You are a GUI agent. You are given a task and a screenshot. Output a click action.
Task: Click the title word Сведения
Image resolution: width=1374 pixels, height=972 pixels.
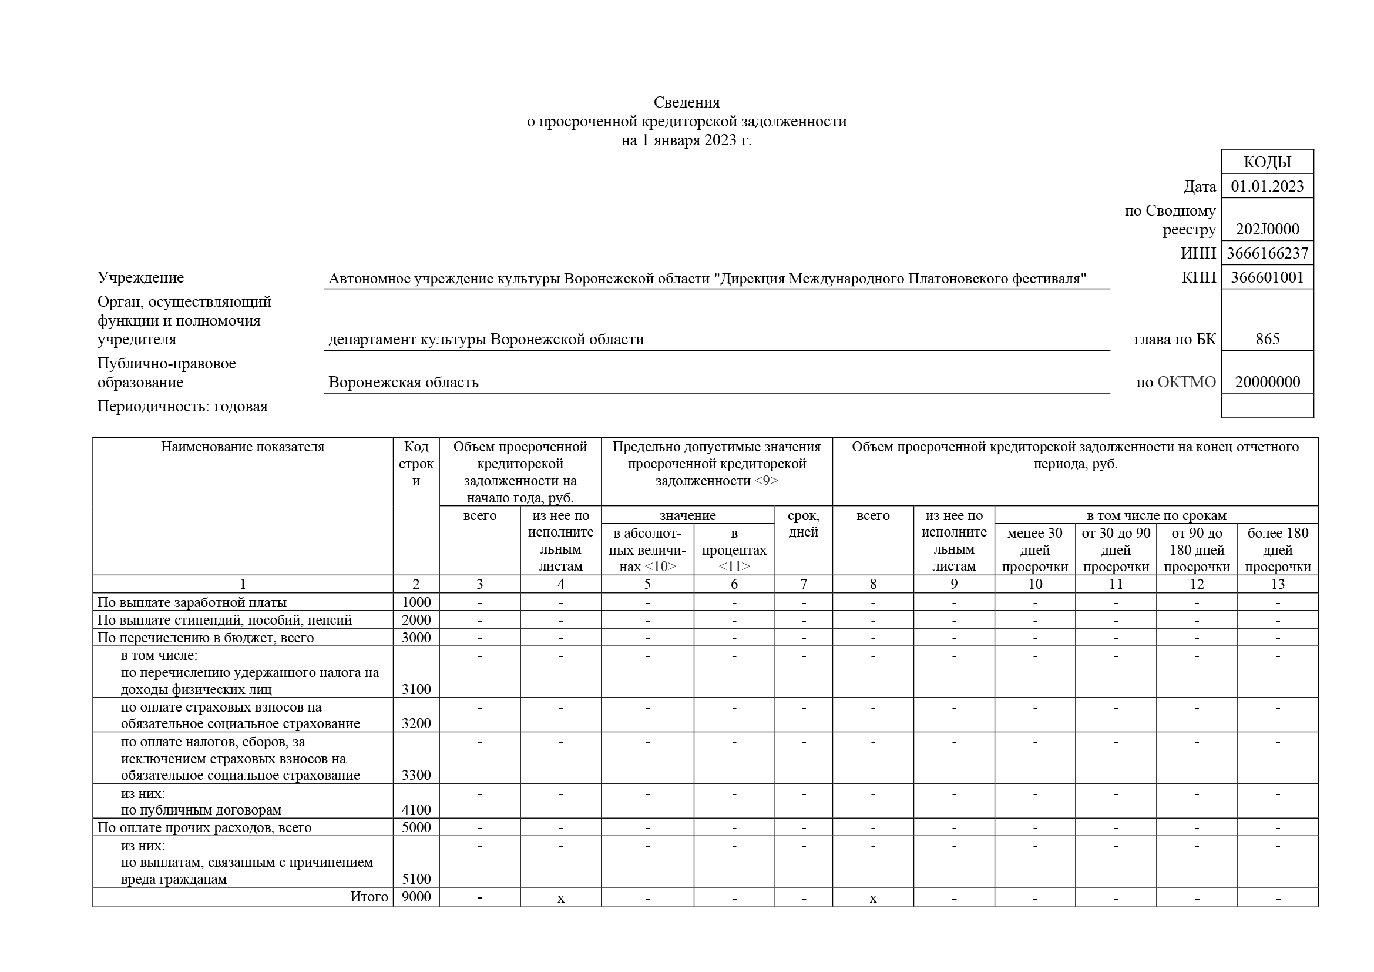(x=686, y=102)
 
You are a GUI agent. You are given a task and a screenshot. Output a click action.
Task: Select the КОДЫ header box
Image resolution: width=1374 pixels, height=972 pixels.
(x=1267, y=162)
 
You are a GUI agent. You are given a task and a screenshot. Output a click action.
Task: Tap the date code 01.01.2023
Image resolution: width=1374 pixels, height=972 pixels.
(x=1267, y=186)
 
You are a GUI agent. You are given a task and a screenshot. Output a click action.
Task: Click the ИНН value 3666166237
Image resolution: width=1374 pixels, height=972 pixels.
(x=1267, y=253)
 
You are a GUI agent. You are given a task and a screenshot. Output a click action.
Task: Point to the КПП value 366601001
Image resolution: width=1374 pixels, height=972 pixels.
(x=1267, y=278)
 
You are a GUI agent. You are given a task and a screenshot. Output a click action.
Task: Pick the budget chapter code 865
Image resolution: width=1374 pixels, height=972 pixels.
(x=1267, y=339)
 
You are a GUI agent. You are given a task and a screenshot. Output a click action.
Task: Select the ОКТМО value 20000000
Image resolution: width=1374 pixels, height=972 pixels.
(x=1267, y=382)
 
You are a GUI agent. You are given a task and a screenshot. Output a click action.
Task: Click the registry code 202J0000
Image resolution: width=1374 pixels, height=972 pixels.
(x=1267, y=229)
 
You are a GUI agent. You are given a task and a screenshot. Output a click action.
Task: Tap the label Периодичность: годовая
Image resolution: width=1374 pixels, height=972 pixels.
(x=183, y=407)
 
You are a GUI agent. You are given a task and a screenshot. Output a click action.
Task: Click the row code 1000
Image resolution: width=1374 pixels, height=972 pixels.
(x=416, y=602)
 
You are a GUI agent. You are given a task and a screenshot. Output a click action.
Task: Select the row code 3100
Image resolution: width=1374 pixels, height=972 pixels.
(x=416, y=689)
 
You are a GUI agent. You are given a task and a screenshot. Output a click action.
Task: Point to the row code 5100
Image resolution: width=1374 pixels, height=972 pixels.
(x=416, y=879)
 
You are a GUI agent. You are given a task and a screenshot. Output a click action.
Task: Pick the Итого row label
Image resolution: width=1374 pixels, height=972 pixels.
(x=369, y=897)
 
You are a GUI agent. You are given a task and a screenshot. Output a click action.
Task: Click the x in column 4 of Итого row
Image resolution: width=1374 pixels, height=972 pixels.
(x=561, y=898)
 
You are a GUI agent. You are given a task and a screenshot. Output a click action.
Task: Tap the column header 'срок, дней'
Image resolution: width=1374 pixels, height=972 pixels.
(x=803, y=524)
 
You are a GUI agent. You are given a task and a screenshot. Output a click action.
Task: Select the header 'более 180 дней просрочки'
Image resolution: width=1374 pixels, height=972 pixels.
(x=1277, y=549)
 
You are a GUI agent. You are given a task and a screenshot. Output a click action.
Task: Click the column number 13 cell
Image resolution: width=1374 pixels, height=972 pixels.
(x=1277, y=584)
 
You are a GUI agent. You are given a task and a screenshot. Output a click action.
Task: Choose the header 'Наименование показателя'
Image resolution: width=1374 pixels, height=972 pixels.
(x=243, y=447)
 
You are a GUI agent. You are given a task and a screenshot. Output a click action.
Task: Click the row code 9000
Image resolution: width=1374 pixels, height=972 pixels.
(x=416, y=897)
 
